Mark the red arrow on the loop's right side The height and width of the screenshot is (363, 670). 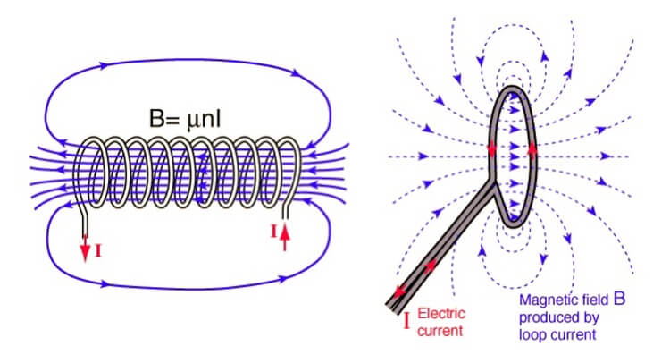(x=533, y=149)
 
